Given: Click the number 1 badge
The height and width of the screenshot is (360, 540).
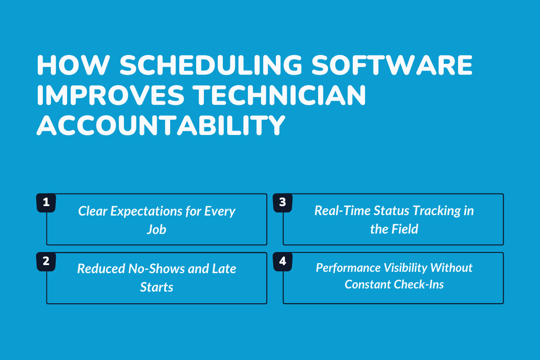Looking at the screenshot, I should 45,202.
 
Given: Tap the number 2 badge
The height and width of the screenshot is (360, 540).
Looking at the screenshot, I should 45,261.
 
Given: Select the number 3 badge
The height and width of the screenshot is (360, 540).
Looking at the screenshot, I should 282,202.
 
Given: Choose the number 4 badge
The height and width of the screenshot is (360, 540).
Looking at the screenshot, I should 282,261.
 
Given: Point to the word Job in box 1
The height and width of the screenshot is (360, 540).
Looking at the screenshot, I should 156,229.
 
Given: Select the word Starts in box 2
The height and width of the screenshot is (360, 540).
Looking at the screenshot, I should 156,287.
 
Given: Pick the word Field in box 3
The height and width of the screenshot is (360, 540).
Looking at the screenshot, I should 404,229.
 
